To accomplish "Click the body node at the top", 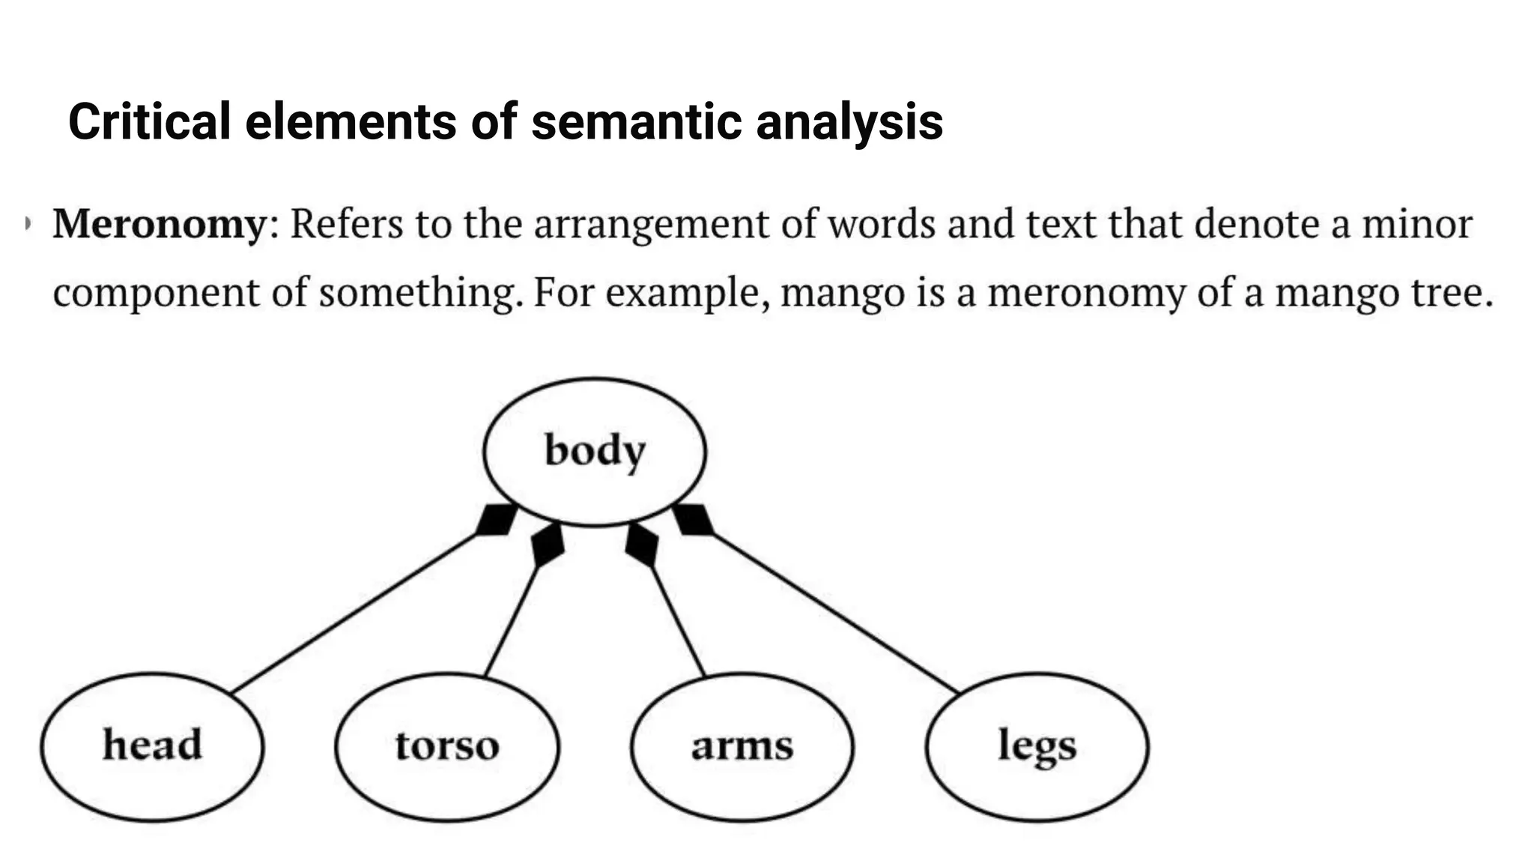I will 594,451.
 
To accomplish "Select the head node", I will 152,746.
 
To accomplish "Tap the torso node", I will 447,746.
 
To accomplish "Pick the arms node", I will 742,746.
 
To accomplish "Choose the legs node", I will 1037,746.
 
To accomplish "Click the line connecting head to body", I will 352,613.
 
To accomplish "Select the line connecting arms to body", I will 679,622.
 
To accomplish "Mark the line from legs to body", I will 835,613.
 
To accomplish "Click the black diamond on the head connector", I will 496,519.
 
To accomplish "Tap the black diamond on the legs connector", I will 693,519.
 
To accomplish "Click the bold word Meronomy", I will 160,224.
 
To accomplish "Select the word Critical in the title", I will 149,121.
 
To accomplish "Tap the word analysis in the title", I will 849,121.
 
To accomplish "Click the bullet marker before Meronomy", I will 28,223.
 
